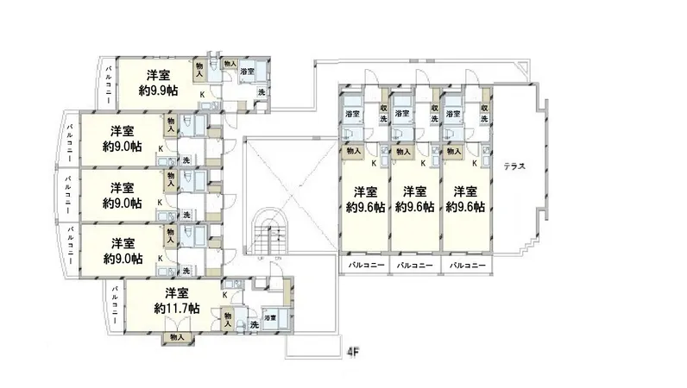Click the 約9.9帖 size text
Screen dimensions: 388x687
pyautogui.click(x=159, y=89)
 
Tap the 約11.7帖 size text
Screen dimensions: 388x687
pyautogui.click(x=177, y=308)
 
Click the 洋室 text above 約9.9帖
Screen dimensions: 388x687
pyautogui.click(x=157, y=73)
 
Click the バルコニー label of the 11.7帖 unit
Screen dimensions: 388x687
pyautogui.click(x=116, y=307)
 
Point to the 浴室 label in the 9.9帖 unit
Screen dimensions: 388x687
pyautogui.click(x=247, y=71)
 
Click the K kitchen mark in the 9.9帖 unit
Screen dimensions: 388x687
pyautogui.click(x=204, y=94)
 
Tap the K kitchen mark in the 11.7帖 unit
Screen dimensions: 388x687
pyautogui.click(x=224, y=295)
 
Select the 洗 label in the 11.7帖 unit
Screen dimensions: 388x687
pyautogui.click(x=254, y=325)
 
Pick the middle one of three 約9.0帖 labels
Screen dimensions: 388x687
pyautogui.click(x=122, y=203)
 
